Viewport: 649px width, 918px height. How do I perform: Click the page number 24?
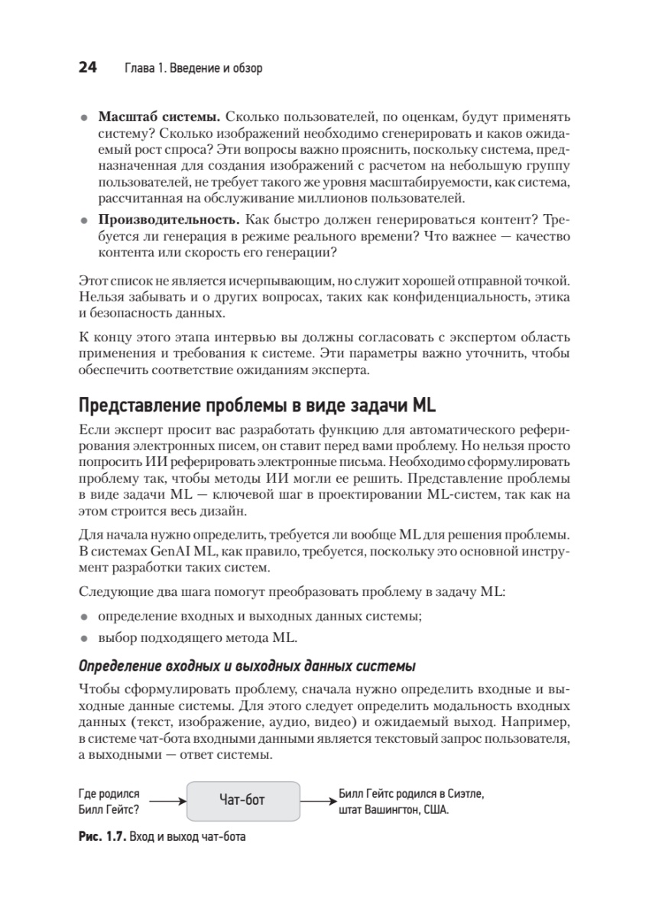point(87,68)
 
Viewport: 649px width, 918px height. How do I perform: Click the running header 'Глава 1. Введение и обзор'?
point(193,69)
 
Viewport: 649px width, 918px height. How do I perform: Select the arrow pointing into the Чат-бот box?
point(167,801)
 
